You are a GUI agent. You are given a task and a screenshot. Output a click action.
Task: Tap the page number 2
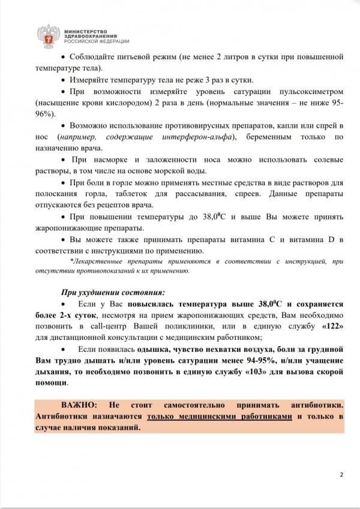pos(341,475)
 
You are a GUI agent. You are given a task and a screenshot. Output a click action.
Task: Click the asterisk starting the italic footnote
pos(71,261)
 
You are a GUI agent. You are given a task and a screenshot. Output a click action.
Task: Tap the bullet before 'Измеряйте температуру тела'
pos(64,80)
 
